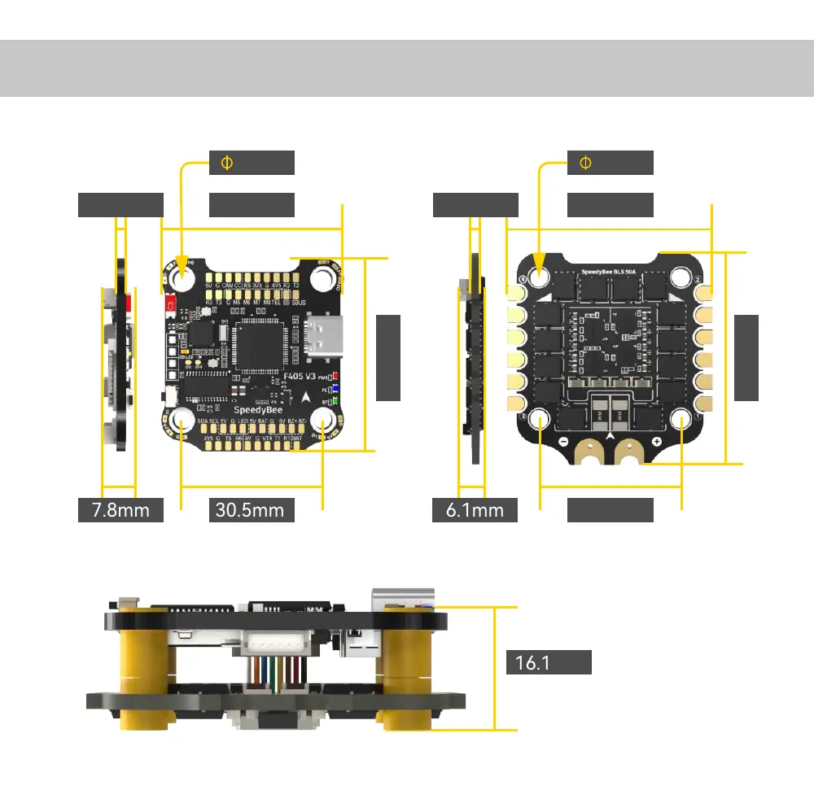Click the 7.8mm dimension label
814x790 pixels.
[x=120, y=510]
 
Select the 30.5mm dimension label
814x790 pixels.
[x=251, y=510]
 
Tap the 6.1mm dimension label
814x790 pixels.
[x=475, y=510]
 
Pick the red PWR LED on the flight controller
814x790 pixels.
[x=335, y=377]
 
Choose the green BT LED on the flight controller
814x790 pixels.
[x=335, y=402]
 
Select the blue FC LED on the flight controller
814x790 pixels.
[x=335, y=390]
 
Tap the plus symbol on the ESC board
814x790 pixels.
[x=657, y=441]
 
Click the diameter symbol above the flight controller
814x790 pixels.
[x=226, y=163]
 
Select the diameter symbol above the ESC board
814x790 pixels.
[x=584, y=163]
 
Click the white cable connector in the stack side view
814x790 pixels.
[x=273, y=643]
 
